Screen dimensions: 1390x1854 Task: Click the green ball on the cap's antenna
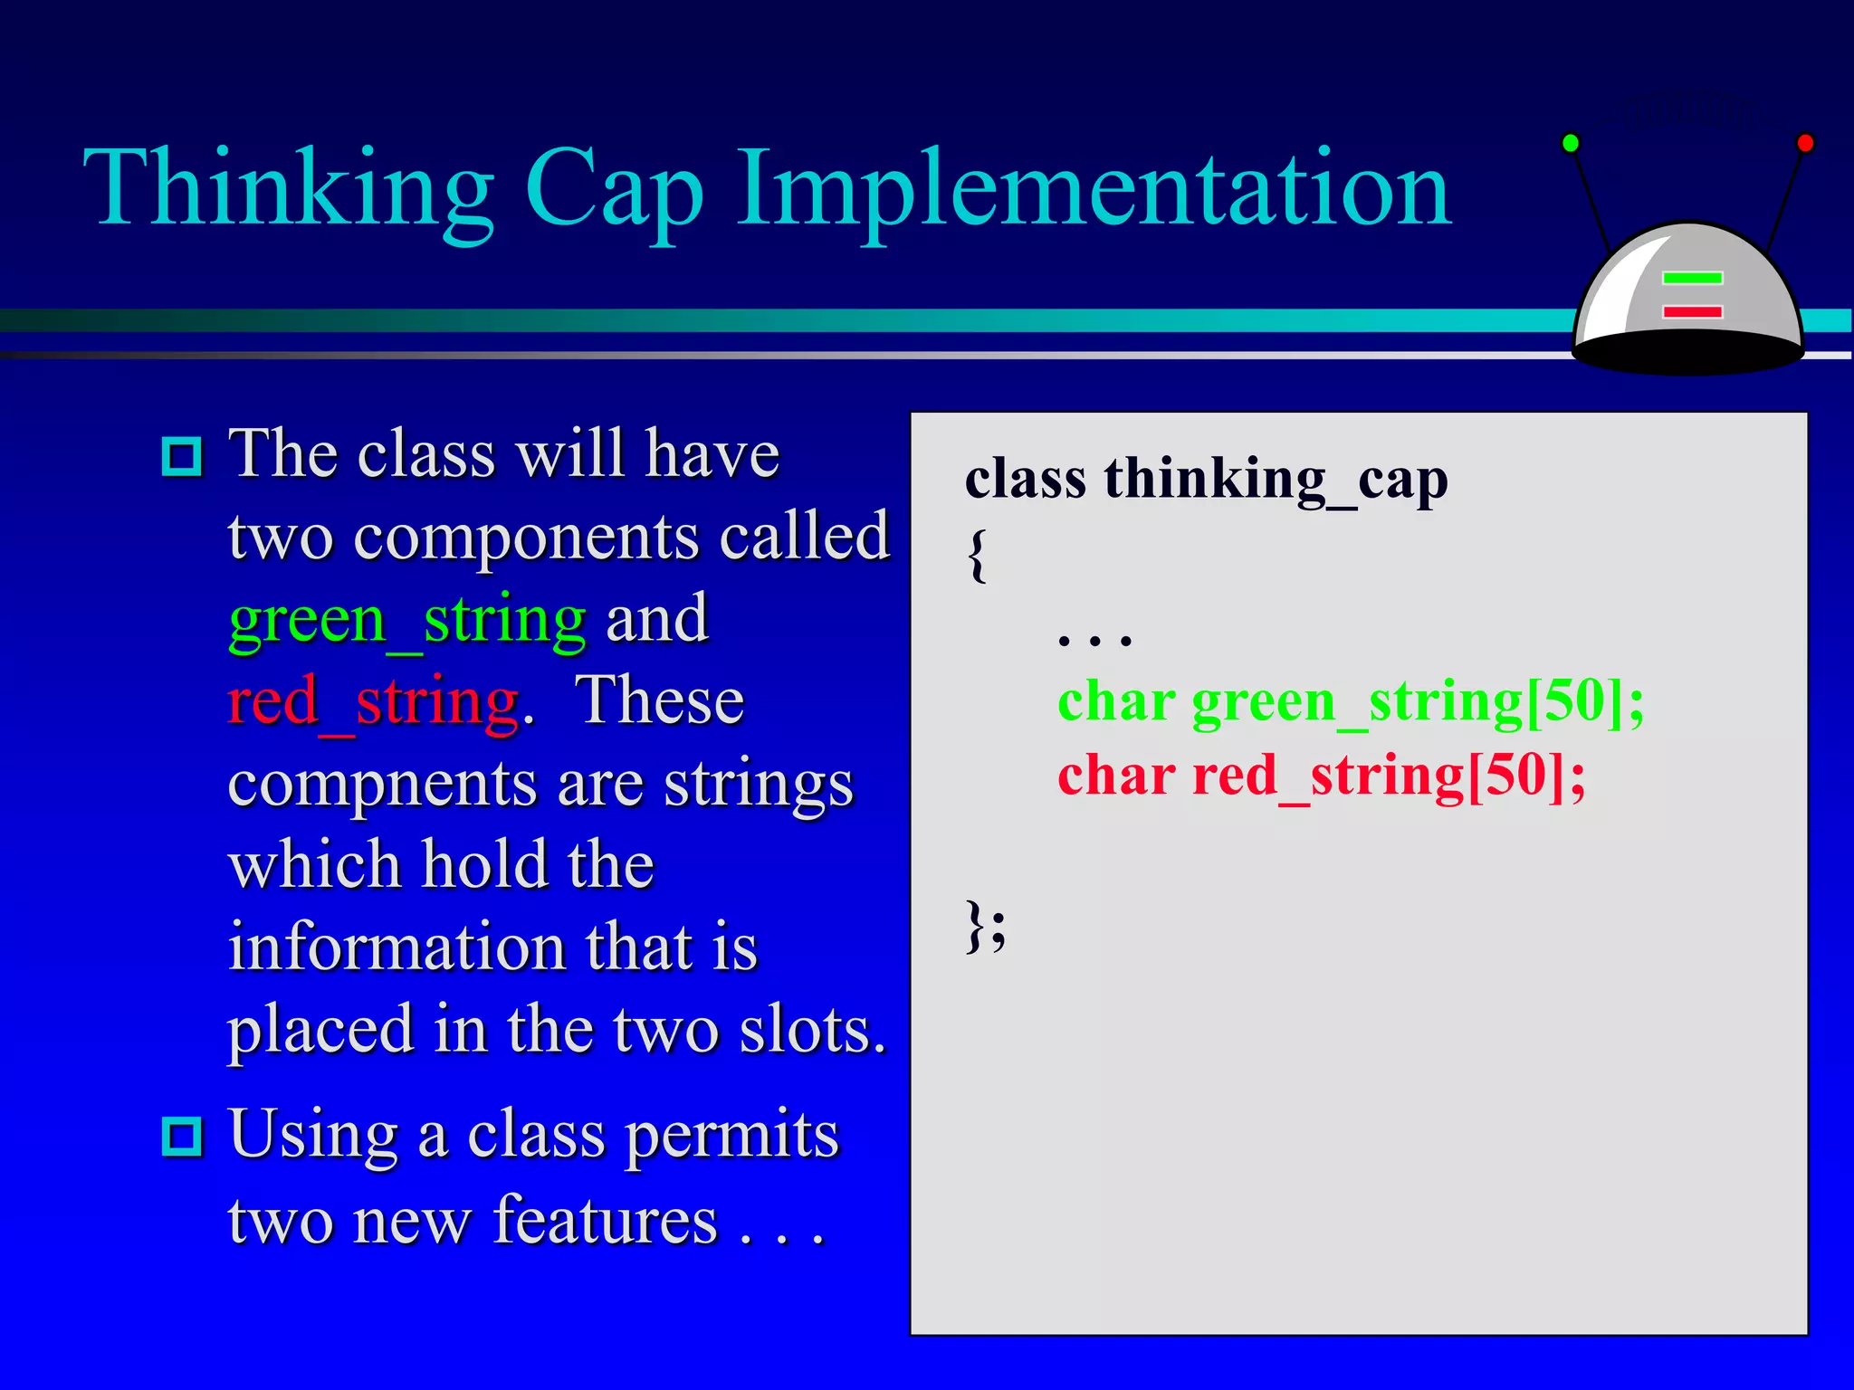point(1571,143)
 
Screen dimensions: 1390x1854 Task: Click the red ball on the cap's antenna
point(1805,143)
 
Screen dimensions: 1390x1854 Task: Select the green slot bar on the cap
point(1692,278)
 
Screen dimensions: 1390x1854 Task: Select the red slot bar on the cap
point(1692,312)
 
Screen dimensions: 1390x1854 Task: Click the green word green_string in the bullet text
point(407,621)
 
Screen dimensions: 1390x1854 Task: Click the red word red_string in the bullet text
point(374,702)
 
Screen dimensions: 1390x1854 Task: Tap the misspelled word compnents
point(380,785)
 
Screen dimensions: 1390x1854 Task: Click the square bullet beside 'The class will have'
point(182,456)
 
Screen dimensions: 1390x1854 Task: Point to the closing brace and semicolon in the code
point(985,926)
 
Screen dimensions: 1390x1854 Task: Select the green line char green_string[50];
point(1350,701)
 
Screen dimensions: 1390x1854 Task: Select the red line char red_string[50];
point(1321,776)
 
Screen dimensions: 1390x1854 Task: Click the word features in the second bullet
point(605,1221)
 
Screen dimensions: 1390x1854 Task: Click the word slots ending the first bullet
point(811,1031)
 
